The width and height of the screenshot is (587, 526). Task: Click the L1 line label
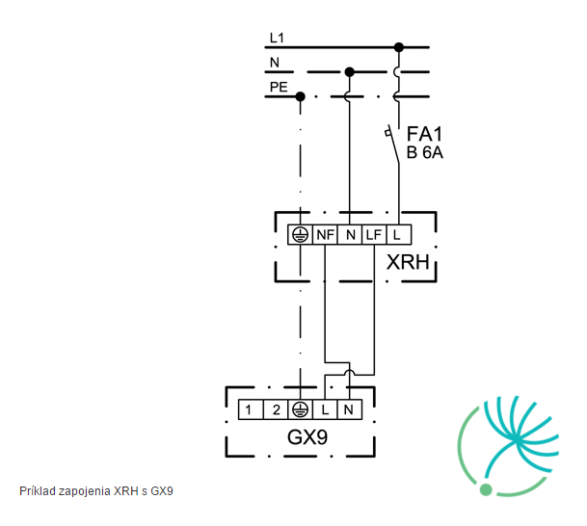click(x=277, y=38)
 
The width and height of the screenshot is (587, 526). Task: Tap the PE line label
click(x=279, y=87)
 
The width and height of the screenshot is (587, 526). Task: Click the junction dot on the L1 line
click(x=399, y=47)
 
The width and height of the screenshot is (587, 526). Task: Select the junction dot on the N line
click(x=349, y=72)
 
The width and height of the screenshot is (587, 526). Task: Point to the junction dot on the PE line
click(x=300, y=97)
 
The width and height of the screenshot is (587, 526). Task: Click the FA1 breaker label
click(x=424, y=134)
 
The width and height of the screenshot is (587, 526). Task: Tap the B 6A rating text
click(x=424, y=152)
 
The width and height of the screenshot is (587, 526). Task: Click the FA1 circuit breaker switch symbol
click(x=393, y=145)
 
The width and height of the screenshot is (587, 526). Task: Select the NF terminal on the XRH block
click(x=325, y=234)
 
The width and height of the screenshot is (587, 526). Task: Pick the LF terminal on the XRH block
click(x=374, y=234)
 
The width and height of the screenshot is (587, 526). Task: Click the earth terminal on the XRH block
click(x=300, y=234)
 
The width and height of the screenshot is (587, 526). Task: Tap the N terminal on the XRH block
click(x=350, y=234)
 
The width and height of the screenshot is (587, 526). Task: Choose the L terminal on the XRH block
click(x=399, y=234)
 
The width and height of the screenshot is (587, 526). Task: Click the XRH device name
click(x=408, y=262)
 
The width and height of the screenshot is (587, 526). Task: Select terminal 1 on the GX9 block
click(x=251, y=409)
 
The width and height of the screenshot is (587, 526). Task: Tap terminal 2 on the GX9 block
click(x=276, y=409)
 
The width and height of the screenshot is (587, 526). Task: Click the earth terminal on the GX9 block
click(x=300, y=409)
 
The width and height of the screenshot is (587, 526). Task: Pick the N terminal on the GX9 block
click(x=350, y=409)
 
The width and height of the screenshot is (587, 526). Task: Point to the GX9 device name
click(x=307, y=436)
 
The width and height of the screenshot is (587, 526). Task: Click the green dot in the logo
click(x=486, y=489)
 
